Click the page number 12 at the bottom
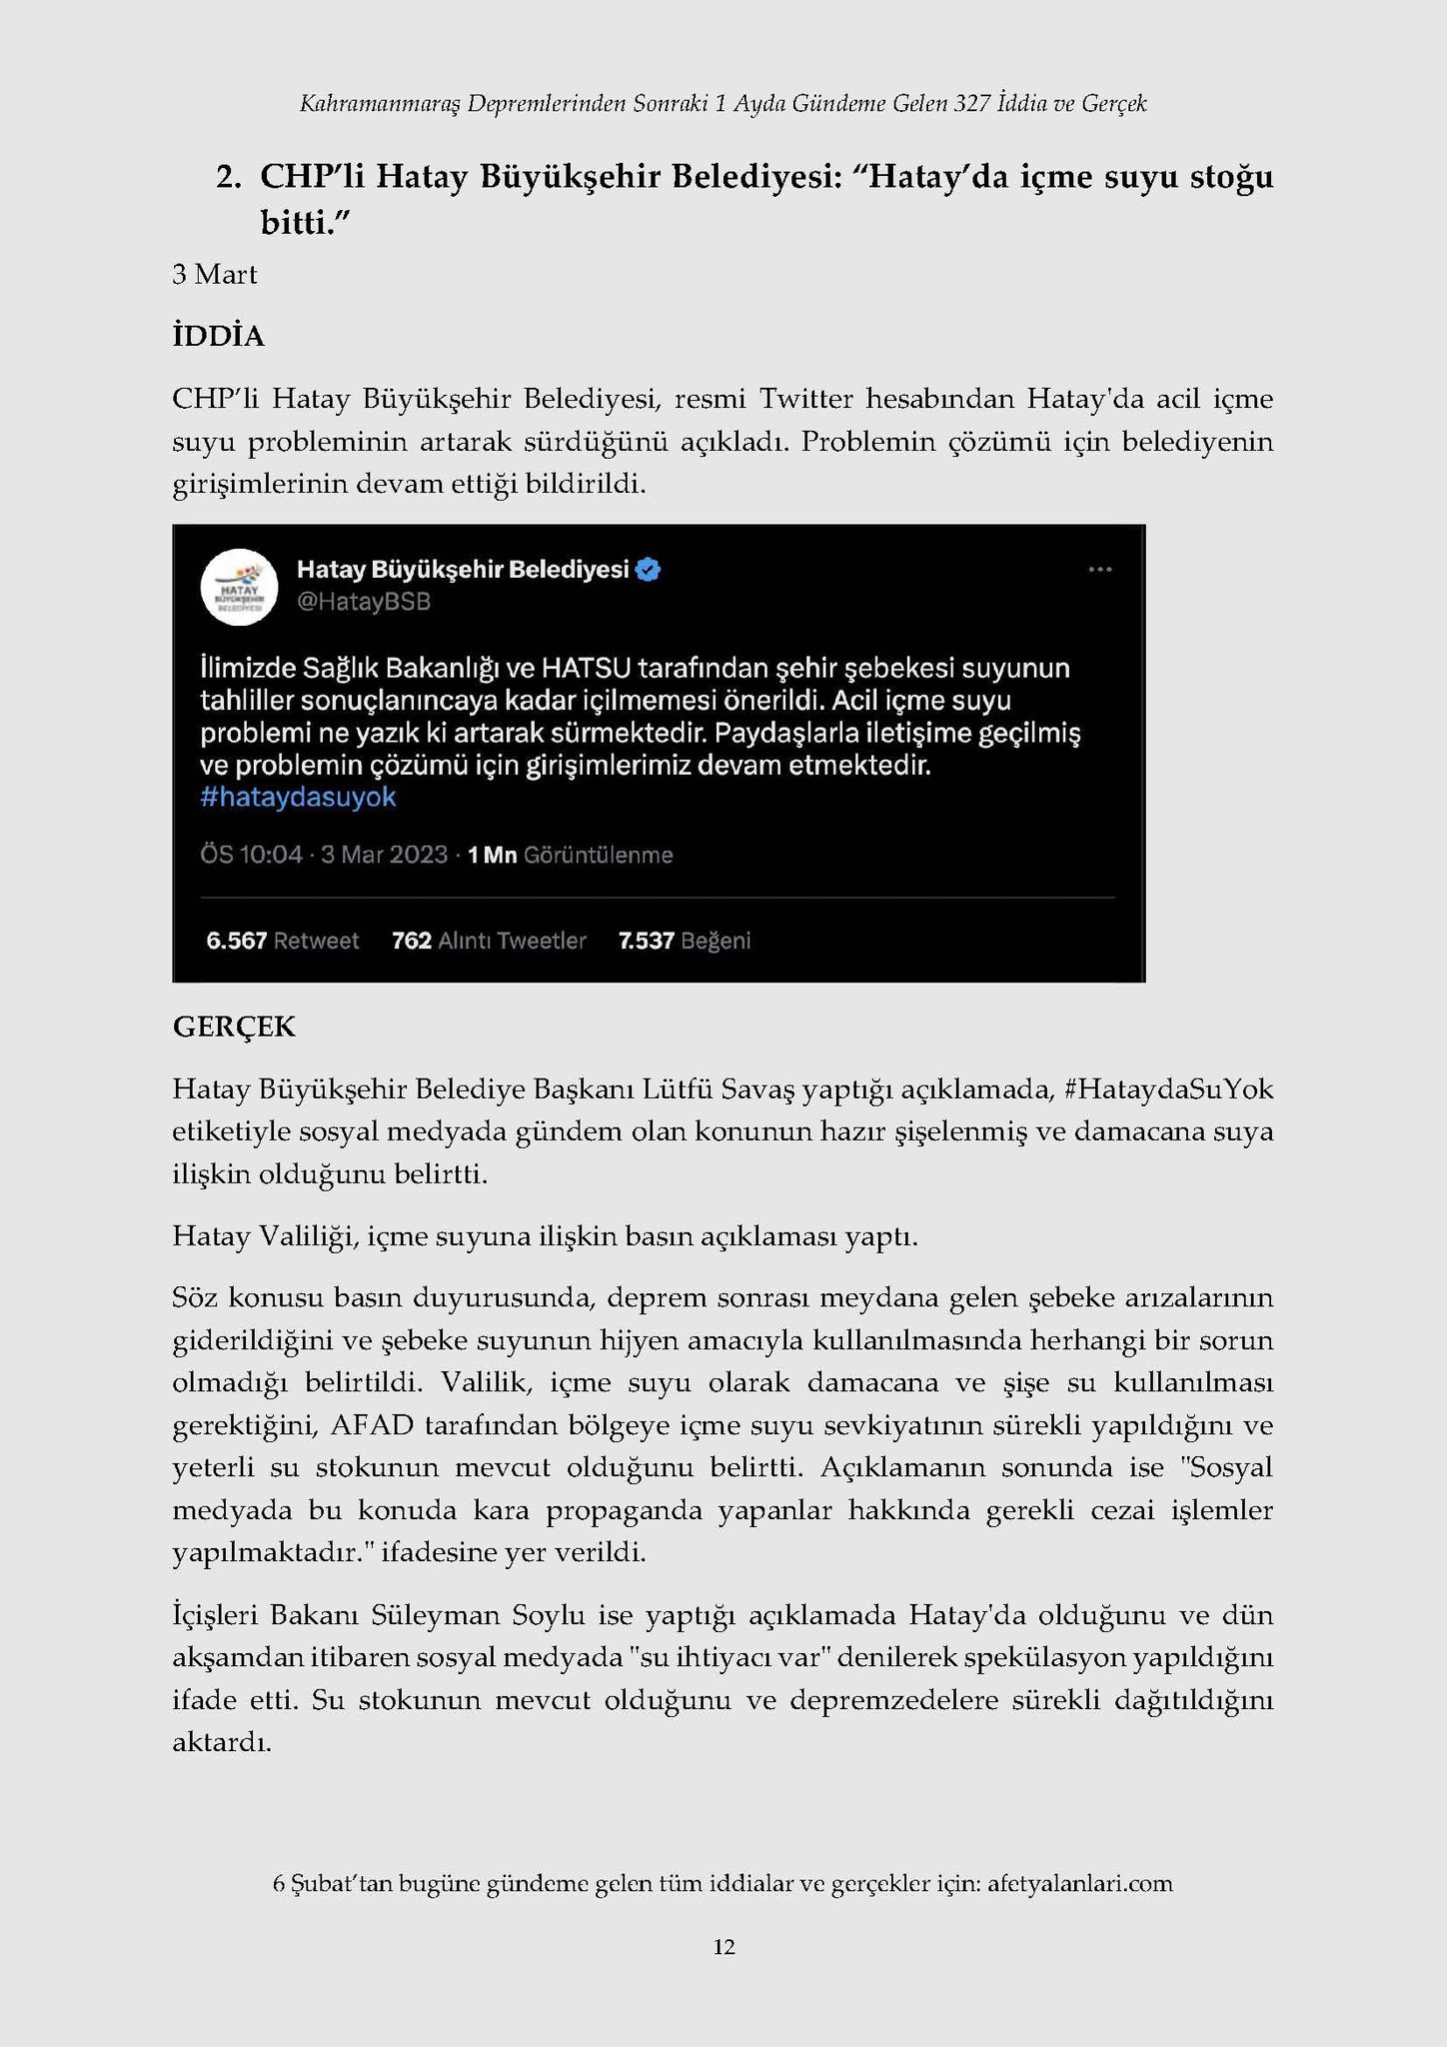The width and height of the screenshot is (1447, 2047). (723, 1946)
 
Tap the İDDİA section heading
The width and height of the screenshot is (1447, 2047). (218, 337)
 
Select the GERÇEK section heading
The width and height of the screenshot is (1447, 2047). (234, 1026)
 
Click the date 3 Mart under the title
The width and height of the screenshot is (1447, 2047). (214, 274)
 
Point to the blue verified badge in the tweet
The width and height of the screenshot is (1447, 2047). (649, 570)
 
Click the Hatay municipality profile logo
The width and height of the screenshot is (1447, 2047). (239, 588)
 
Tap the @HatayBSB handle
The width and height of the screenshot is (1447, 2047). (363, 602)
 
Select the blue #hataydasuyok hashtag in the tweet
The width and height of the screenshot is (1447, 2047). (298, 798)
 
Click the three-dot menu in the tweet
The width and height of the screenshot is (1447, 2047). (1099, 570)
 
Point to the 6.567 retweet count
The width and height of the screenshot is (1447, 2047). (236, 941)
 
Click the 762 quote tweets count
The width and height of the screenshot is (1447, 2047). (411, 941)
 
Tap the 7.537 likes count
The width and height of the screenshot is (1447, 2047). (646, 941)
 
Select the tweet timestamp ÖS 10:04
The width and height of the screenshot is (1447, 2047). (251, 855)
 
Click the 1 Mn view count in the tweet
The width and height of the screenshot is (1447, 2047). (492, 855)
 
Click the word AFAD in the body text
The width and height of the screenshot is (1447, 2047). (371, 1424)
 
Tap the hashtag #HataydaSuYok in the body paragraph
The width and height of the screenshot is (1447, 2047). (1169, 1088)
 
